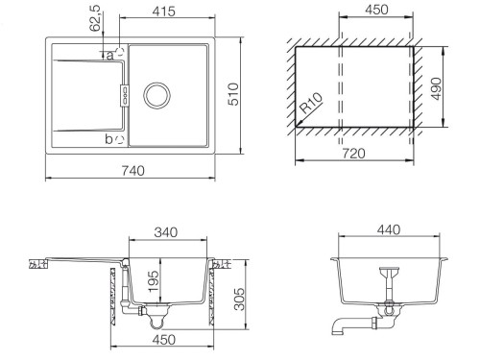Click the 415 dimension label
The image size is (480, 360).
tap(163, 12)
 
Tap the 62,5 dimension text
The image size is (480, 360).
tap(96, 18)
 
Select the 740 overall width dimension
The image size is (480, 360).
tap(132, 171)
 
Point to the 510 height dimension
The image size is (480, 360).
tap(233, 94)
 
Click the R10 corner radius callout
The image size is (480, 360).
tap(311, 103)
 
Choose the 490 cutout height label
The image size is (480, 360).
tap(436, 88)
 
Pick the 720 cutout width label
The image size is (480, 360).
tap(353, 154)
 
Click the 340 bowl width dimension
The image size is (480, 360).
tap(166, 232)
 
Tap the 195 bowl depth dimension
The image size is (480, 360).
tap(154, 281)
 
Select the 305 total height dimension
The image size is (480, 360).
tap(239, 299)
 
